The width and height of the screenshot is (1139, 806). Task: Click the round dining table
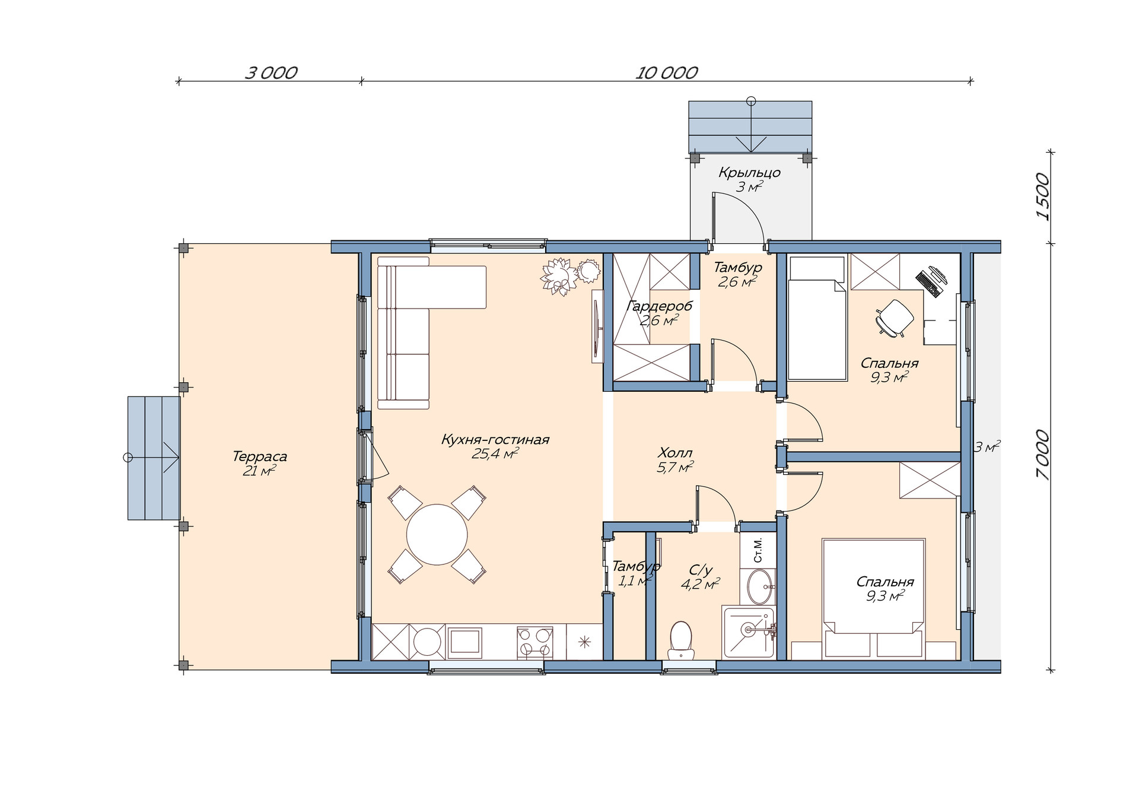tap(437, 534)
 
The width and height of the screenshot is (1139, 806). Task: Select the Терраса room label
tap(260, 456)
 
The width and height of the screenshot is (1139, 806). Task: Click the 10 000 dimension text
tap(667, 73)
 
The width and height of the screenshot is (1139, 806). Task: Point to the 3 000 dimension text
tap(271, 73)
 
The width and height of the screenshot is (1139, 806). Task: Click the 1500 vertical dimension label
tap(1042, 197)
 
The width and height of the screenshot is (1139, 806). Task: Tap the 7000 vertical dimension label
tap(1042, 455)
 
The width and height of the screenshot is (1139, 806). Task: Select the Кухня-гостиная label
tap(495, 440)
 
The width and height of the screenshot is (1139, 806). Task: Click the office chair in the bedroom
tap(894, 318)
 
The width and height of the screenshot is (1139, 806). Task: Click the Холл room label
tap(675, 453)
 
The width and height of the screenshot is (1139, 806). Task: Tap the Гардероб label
tap(659, 306)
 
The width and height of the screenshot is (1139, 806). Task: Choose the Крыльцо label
tap(749, 173)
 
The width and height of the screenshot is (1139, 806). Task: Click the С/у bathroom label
tap(701, 570)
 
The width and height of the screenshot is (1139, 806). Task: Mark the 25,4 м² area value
tap(495, 454)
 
